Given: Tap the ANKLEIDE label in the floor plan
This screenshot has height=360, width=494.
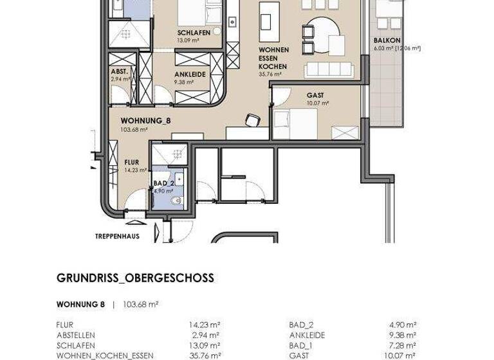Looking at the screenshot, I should coord(190,75).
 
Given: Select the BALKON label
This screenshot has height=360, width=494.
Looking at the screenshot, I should coord(387,40).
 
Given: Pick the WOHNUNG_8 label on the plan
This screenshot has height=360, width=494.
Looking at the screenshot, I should coord(145,120).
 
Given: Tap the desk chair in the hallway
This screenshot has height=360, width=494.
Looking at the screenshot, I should coord(252,120).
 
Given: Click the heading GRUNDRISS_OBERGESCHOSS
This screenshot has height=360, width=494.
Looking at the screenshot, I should coord(135,278).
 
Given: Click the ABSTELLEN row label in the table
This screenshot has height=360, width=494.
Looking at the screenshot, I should coord(75,335).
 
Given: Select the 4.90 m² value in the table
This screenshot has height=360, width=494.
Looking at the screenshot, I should coord(404,325).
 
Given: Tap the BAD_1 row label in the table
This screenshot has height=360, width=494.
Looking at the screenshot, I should coord(300,345).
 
